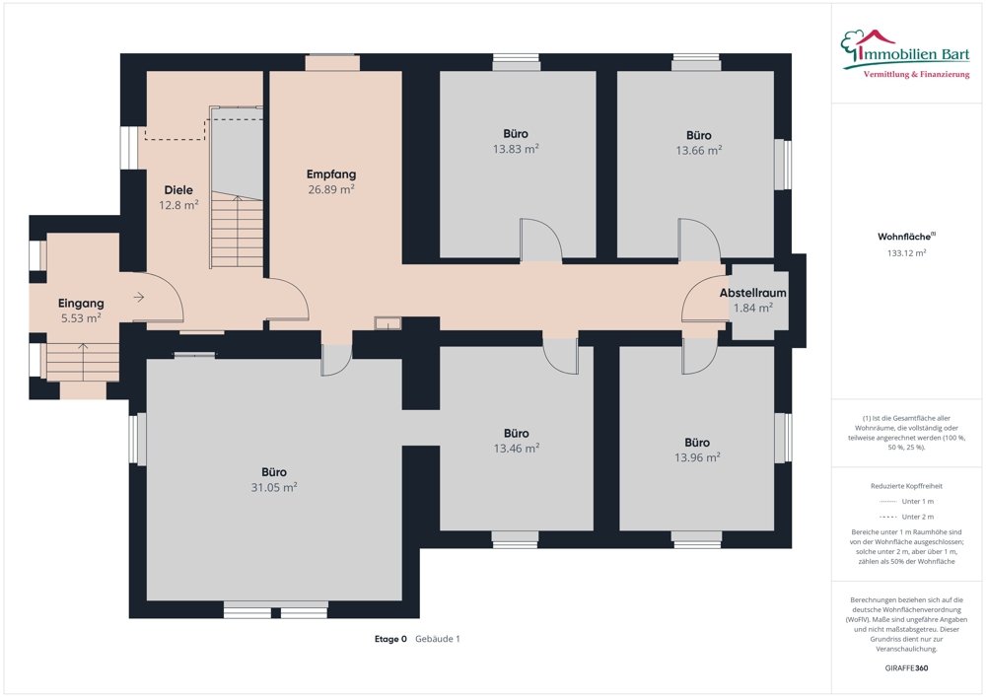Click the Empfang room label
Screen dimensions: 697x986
click(x=331, y=174)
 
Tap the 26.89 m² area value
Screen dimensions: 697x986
click(x=331, y=189)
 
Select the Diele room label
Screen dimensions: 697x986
click(x=178, y=190)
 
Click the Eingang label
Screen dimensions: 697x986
click(x=81, y=304)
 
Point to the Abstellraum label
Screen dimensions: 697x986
click(x=752, y=293)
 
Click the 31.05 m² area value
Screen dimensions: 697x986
click(x=274, y=487)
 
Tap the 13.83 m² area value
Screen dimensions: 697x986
click(x=516, y=149)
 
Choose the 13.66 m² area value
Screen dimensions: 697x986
click(x=699, y=150)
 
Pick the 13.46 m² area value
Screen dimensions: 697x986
click(x=516, y=449)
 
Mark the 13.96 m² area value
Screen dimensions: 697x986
click(x=697, y=457)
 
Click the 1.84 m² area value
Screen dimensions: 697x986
click(x=752, y=308)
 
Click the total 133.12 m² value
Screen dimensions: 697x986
click(x=907, y=252)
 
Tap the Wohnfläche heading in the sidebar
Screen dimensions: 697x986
click(x=905, y=237)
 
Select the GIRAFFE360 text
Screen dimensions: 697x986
click(x=906, y=667)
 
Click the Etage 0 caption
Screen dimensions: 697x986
click(x=390, y=639)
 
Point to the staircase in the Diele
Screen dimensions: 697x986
click(x=237, y=231)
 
